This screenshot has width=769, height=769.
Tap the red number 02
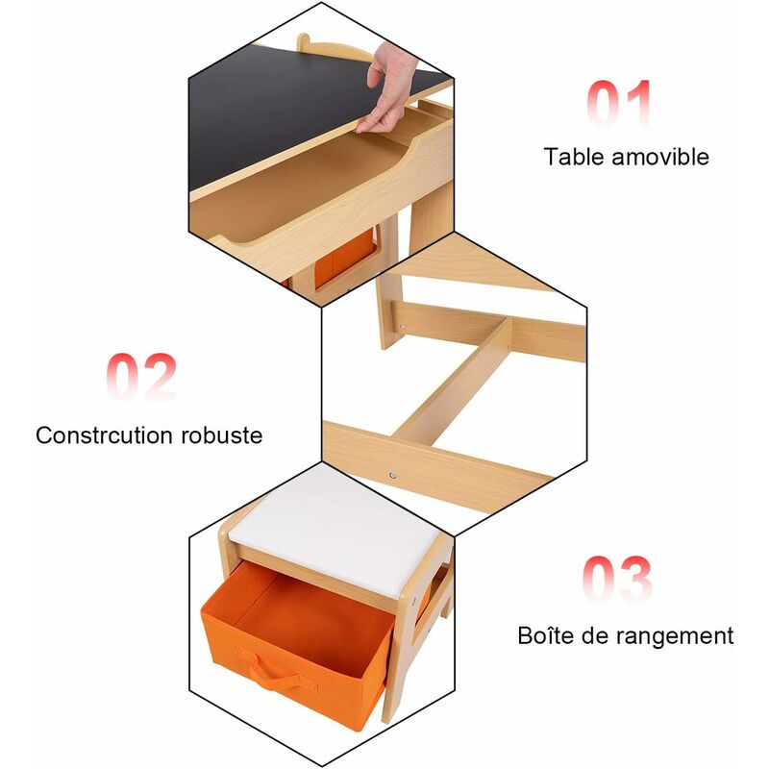click(x=140, y=376)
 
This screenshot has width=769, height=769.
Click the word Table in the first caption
click(x=574, y=157)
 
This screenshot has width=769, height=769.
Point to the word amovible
click(x=660, y=157)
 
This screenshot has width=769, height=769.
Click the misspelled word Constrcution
click(x=104, y=435)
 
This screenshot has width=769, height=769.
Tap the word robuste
click(x=222, y=435)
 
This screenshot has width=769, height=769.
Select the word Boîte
click(x=545, y=635)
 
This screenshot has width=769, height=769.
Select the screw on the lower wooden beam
click(x=392, y=475)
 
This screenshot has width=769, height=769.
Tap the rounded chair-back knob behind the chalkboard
click(x=304, y=40)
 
